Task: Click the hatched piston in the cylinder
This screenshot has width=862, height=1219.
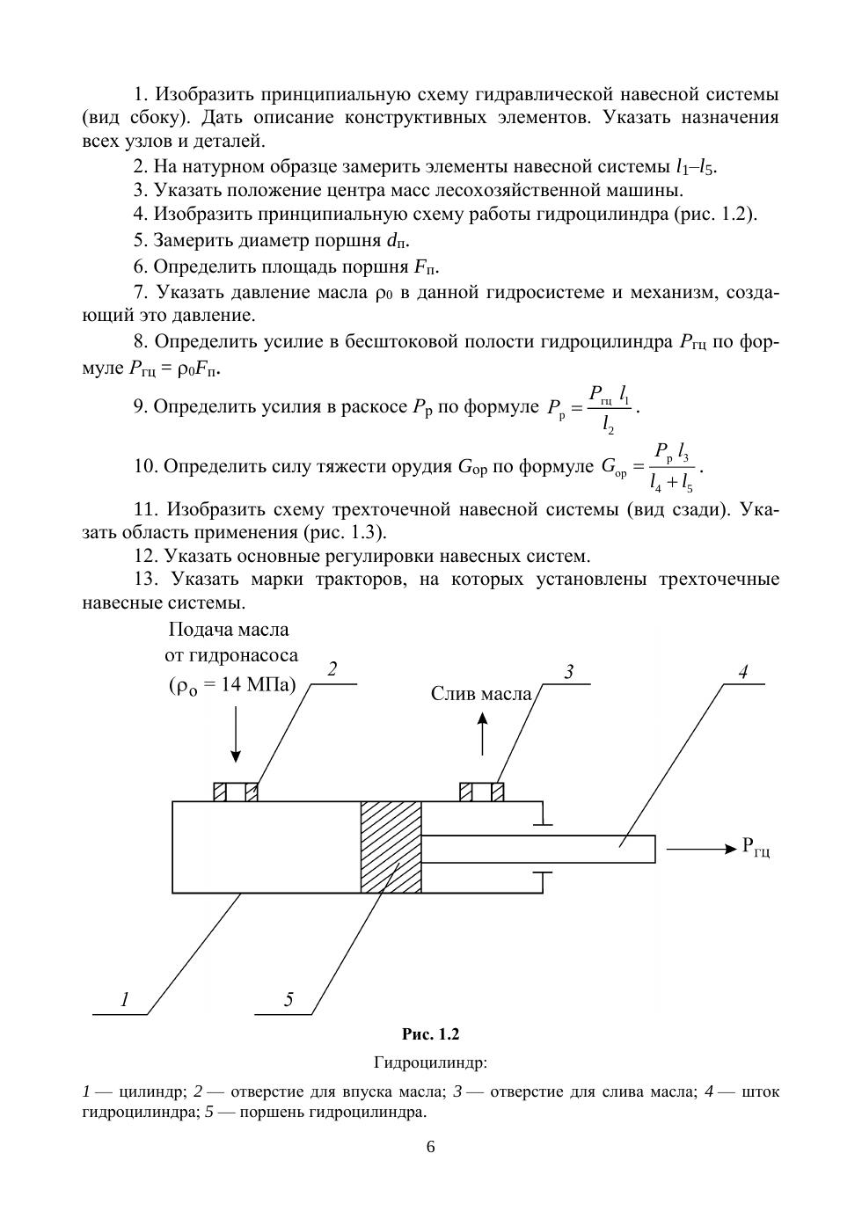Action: [x=391, y=847]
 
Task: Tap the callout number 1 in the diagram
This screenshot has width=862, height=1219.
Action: [x=125, y=1000]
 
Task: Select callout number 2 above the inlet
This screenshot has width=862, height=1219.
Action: [x=332, y=669]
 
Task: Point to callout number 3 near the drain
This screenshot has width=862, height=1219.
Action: [x=569, y=673]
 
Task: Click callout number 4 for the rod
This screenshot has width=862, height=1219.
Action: [x=743, y=673]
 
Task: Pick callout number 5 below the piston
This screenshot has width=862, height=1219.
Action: [x=289, y=1000]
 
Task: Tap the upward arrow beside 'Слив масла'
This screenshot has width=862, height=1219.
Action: [x=482, y=734]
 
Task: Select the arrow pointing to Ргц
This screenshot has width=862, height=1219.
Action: [x=700, y=850]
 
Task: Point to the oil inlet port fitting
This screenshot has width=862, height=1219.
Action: [x=236, y=792]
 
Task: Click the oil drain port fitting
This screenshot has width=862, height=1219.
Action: [x=482, y=792]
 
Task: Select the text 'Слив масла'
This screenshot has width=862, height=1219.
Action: [x=481, y=694]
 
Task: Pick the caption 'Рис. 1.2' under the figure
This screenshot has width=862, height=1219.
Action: [x=430, y=1034]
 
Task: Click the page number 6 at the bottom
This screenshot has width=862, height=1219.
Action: [x=430, y=1147]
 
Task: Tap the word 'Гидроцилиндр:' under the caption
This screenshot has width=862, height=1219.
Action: [x=430, y=1062]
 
